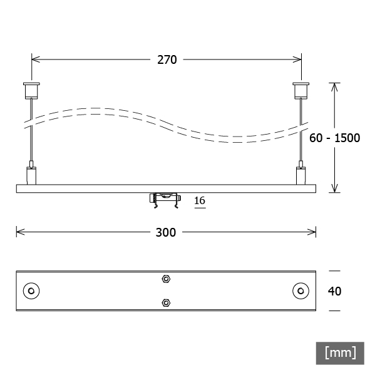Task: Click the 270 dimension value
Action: (167, 59)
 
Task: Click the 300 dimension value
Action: (166, 232)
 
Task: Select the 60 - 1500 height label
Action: (334, 138)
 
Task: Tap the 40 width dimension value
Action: (334, 291)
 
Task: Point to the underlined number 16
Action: (200, 201)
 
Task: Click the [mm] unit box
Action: (340, 353)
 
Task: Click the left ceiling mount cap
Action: (31, 90)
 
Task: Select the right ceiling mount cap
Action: (301, 90)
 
